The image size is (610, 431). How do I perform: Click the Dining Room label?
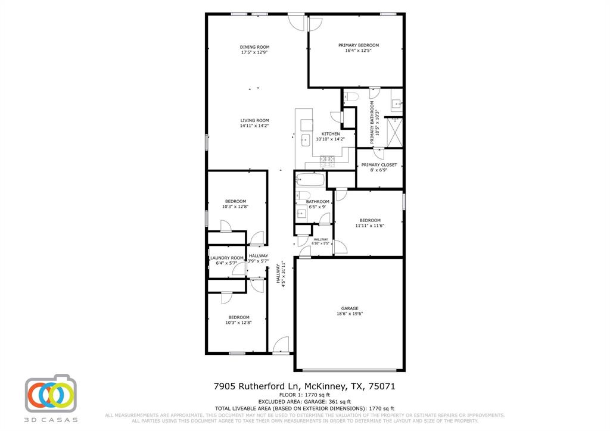[x=254, y=47]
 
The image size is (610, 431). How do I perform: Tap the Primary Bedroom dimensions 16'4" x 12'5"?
[x=359, y=51]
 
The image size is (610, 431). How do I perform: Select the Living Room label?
[x=254, y=121]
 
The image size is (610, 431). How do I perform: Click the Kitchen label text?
[x=331, y=134]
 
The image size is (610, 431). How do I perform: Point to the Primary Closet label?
[x=379, y=165]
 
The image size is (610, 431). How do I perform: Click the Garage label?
[x=350, y=308]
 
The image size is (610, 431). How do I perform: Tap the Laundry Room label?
[x=226, y=258]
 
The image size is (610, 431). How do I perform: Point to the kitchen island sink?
[x=306, y=140]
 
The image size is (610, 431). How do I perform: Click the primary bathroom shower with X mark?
[x=394, y=132]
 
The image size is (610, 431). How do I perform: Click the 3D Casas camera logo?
[x=51, y=394]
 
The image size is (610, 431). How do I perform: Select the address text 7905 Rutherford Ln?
[x=258, y=386]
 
